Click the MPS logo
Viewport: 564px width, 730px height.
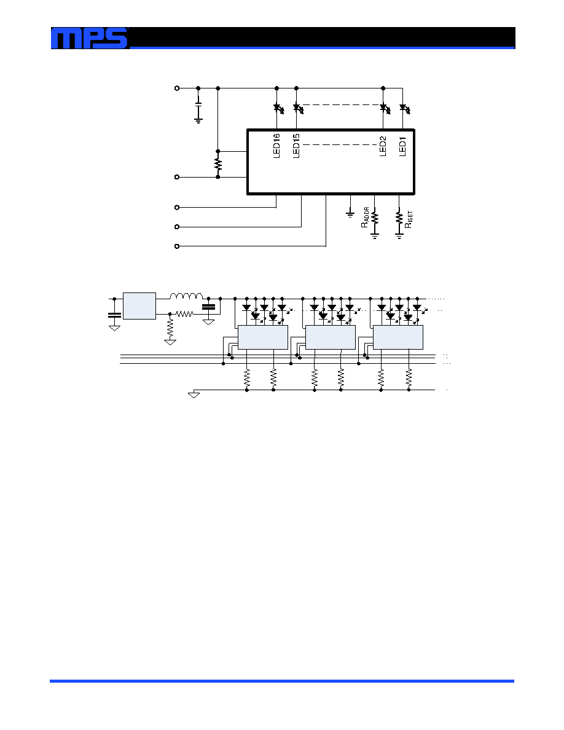tap(89, 38)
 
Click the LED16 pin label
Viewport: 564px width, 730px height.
tap(276, 146)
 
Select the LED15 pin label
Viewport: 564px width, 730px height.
tap(296, 146)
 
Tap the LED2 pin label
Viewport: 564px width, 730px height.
tap(383, 146)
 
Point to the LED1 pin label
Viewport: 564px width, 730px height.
tap(403, 146)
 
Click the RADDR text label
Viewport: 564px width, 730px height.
tap(365, 218)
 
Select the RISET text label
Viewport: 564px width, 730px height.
tap(409, 219)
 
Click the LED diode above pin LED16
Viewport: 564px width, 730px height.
tap(278, 109)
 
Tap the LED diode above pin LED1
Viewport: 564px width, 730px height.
tap(404, 109)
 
